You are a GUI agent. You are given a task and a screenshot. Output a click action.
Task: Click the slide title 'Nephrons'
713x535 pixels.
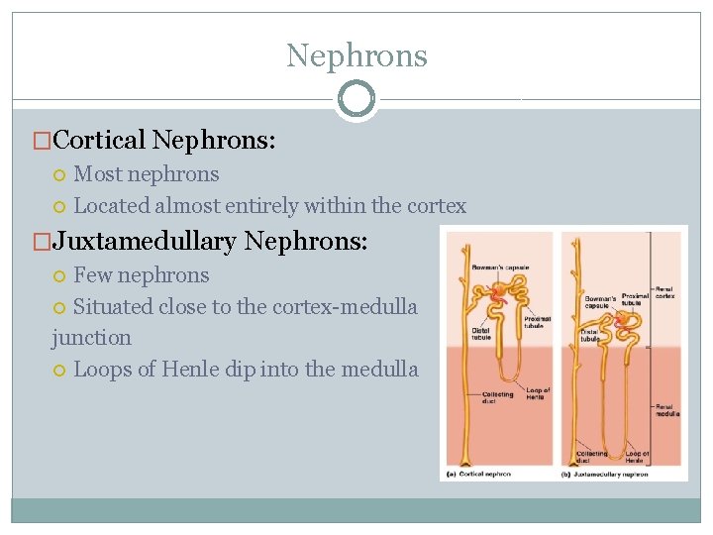click(356, 55)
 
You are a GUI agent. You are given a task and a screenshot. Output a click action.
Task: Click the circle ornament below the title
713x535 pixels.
click(356, 99)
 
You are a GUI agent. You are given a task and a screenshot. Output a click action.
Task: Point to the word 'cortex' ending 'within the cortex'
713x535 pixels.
click(437, 206)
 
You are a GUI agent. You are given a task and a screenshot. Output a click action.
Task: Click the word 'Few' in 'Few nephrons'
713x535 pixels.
click(92, 275)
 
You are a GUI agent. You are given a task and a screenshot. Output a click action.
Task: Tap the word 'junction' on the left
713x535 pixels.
click(91, 338)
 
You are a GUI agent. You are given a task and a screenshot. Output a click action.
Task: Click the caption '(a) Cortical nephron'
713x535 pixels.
click(478, 474)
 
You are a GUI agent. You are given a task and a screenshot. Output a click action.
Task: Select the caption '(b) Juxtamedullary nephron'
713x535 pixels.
click(606, 474)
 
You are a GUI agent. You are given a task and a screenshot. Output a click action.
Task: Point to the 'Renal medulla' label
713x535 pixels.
click(666, 410)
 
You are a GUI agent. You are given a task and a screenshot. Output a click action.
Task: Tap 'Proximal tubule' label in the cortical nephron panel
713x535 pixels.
click(537, 322)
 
